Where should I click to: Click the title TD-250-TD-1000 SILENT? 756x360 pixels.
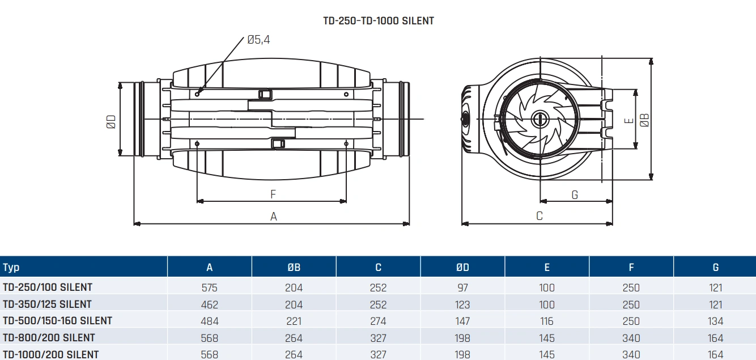coord(378,21)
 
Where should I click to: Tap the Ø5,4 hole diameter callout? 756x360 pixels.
coord(258,40)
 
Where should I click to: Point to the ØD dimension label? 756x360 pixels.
coord(111,121)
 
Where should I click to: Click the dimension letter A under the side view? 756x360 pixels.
coord(274,216)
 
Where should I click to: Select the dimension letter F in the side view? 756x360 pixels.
coord(273,194)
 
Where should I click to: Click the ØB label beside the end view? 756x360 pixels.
coord(644,120)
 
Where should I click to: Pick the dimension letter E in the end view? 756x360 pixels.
coord(627,121)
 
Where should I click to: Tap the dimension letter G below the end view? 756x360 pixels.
coord(575,195)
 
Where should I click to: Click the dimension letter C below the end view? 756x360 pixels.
coord(540,216)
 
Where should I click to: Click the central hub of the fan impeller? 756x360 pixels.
coord(538,119)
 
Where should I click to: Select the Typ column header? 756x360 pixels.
coord(11,268)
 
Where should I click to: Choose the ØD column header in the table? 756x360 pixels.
coord(462,268)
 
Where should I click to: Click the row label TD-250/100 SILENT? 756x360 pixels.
coord(48,287)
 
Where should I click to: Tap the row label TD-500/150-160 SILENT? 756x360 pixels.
coord(58,321)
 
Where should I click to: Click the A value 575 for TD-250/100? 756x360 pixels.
coord(209,287)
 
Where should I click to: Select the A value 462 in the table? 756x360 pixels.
coord(209,304)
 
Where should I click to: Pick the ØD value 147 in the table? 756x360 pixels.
coord(462,321)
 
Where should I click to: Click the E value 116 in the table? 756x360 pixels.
coord(547,321)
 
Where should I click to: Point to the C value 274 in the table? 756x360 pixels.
coord(378,321)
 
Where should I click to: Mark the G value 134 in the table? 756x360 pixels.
coord(715,321)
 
